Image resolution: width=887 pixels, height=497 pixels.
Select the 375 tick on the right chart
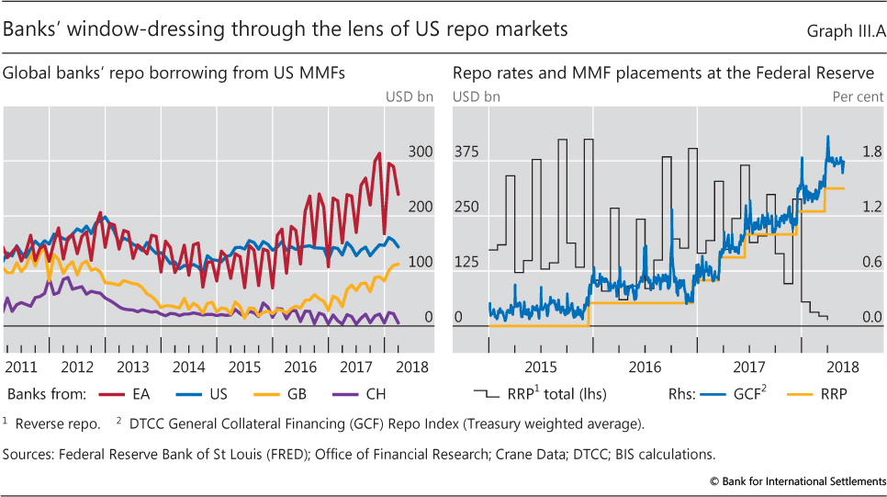[468, 152]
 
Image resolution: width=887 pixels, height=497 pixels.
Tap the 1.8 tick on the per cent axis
[871, 152]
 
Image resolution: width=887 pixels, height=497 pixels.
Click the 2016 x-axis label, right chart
[646, 366]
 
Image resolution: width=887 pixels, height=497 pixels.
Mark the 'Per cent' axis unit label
[858, 96]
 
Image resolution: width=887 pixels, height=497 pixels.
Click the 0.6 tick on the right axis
[871, 262]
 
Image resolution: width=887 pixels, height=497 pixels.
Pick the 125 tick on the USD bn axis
[468, 262]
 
